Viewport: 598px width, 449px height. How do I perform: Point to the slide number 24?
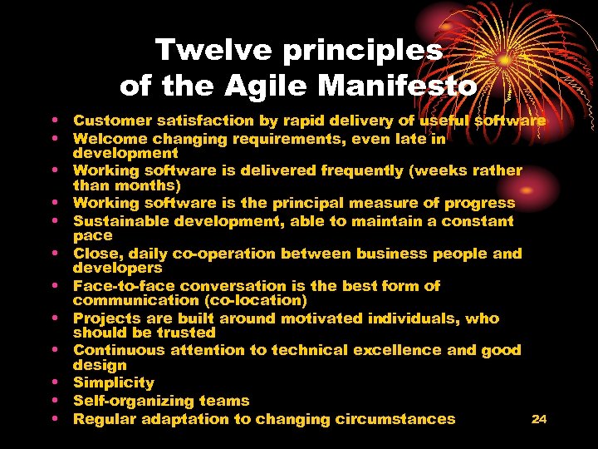point(539,419)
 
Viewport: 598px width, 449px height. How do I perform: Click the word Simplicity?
point(114,383)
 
